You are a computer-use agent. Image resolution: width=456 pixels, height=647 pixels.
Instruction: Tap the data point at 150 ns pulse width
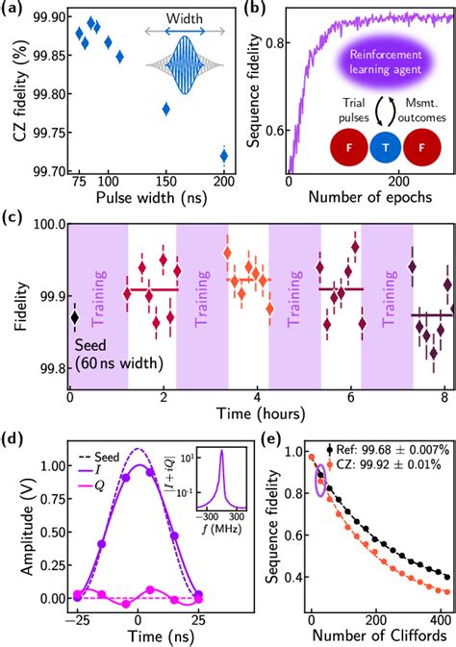point(166,109)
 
